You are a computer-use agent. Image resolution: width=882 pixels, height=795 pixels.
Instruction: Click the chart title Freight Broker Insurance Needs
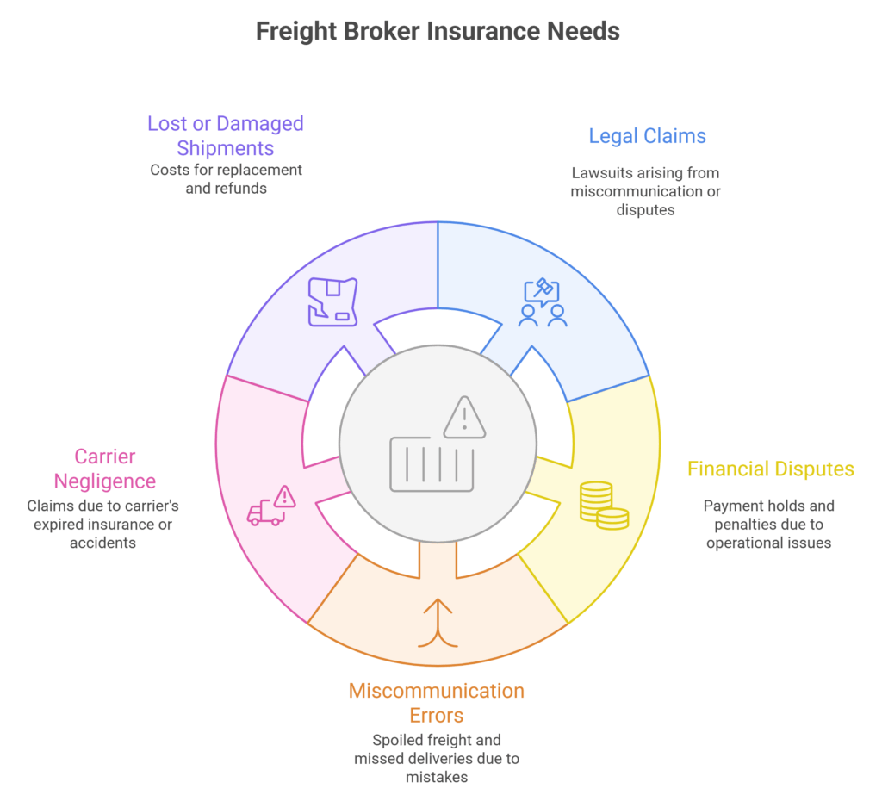click(x=438, y=31)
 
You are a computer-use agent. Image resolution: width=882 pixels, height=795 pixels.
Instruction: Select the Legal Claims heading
click(x=647, y=135)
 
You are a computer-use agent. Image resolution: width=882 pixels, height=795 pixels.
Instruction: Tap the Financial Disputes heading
click(x=770, y=469)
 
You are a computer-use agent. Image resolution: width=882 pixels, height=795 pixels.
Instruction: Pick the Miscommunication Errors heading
click(x=436, y=703)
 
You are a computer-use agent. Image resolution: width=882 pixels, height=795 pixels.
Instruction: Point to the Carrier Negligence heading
click(x=105, y=469)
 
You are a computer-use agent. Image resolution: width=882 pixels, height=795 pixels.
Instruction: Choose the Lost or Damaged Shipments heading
click(x=226, y=135)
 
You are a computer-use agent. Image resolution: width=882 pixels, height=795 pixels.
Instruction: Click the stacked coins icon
click(x=603, y=506)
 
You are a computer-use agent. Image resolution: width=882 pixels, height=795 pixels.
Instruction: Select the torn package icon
click(x=333, y=301)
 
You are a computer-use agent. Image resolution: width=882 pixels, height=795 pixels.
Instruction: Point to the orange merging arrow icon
click(x=438, y=621)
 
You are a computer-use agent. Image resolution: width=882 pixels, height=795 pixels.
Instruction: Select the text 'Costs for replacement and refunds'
click(x=226, y=178)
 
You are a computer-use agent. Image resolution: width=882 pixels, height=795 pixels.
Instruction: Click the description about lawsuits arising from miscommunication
click(x=645, y=191)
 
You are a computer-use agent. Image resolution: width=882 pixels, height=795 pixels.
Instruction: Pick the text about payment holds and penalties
click(x=768, y=525)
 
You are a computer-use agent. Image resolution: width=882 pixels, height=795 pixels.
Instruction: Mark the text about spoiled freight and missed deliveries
click(x=436, y=759)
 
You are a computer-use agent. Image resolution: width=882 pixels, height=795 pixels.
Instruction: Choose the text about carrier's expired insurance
click(x=103, y=525)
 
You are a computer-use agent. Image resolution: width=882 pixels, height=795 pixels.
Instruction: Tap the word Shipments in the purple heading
click(x=226, y=148)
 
